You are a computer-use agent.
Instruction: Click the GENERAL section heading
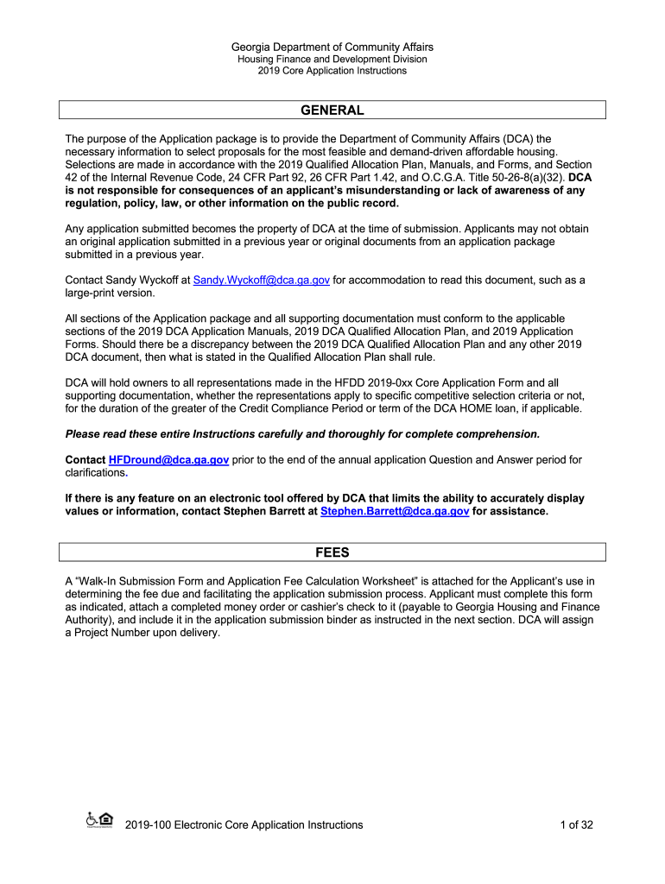(332, 110)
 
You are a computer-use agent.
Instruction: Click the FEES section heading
(332, 552)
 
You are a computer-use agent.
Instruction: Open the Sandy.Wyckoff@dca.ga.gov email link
(262, 280)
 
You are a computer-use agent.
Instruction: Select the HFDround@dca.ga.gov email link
(168, 461)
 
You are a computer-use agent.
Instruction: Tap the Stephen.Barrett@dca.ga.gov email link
(395, 511)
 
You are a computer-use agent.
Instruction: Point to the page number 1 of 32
(576, 825)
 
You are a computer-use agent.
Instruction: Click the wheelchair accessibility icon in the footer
(92, 819)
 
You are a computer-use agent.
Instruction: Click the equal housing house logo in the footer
(106, 819)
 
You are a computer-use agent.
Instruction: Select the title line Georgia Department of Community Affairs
(332, 47)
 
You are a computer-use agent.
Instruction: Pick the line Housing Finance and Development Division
(332, 59)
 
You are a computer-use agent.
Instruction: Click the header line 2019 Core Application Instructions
(332, 71)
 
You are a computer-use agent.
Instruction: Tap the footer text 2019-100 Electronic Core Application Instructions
(244, 825)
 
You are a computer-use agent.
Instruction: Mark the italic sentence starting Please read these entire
(302, 433)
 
